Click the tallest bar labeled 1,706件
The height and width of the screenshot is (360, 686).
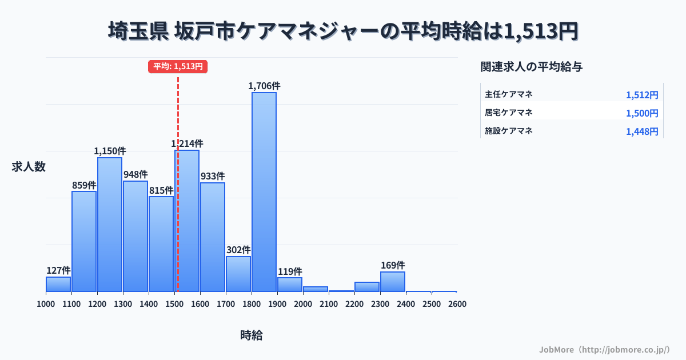pyautogui.click(x=264, y=191)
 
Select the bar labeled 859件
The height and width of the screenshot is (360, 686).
pyautogui.click(x=84, y=241)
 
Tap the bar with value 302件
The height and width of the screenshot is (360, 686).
pyautogui.click(x=238, y=274)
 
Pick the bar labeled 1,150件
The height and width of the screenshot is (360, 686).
pyautogui.click(x=110, y=224)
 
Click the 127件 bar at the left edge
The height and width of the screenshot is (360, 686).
pyautogui.click(x=58, y=284)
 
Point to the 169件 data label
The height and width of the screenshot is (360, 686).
pyautogui.click(x=393, y=266)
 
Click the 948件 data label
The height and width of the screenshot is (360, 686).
pyautogui.click(x=135, y=174)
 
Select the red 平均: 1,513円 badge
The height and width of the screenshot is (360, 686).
pyautogui.click(x=178, y=66)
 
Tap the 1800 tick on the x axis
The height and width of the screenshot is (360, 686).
pyautogui.click(x=252, y=304)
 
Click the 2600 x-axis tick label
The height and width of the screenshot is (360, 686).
pyautogui.click(x=457, y=304)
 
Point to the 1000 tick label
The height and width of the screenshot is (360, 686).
pyautogui.click(x=46, y=304)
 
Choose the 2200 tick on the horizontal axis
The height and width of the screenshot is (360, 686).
pyautogui.click(x=354, y=304)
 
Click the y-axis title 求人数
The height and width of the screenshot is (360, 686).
pyautogui.click(x=29, y=167)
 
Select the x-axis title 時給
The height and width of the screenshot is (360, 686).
pyautogui.click(x=252, y=335)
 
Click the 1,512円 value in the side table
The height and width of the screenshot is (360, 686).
pyautogui.click(x=642, y=95)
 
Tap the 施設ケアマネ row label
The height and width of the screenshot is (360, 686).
pyautogui.click(x=509, y=131)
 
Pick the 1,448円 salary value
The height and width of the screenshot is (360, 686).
pyautogui.click(x=642, y=131)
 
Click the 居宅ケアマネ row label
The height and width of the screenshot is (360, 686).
pyautogui.click(x=509, y=113)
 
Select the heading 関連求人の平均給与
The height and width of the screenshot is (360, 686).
pyautogui.click(x=532, y=67)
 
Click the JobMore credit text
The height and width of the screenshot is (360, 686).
pyautogui.click(x=604, y=349)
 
